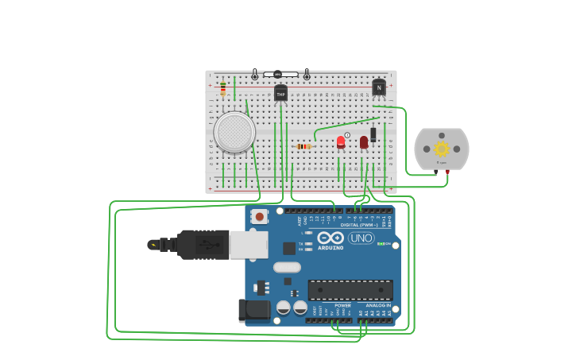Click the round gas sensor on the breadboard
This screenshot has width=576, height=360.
(234, 132)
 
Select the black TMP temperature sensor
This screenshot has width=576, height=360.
(280, 94)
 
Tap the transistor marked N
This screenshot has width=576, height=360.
(379, 87)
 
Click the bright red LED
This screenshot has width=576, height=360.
(341, 142)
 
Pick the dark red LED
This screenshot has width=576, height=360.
(364, 142)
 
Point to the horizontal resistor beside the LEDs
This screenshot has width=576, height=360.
(303, 146)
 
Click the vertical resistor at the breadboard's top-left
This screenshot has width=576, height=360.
(223, 88)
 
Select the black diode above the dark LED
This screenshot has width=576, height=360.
(373, 134)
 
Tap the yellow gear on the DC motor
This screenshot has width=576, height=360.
(441, 149)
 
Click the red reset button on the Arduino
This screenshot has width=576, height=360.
(259, 216)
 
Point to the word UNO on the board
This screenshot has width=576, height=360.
(361, 238)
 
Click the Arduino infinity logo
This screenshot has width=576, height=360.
(331, 238)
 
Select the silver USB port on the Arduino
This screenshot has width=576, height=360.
(249, 245)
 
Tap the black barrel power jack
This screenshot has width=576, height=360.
(254, 310)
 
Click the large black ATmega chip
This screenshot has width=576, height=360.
(350, 290)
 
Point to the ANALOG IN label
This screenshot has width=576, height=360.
(377, 305)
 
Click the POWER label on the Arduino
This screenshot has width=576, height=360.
(342, 305)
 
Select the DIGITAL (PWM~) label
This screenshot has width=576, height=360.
(359, 225)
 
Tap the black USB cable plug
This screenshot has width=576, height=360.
(203, 245)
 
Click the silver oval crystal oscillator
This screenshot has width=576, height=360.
(287, 267)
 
